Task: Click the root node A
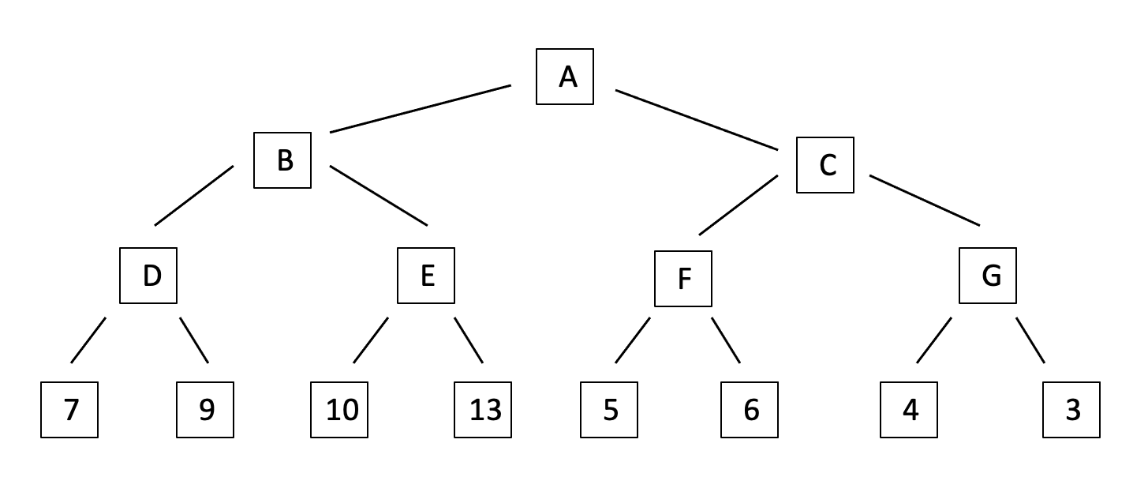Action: (x=565, y=77)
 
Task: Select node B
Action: (x=282, y=160)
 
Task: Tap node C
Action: (x=825, y=165)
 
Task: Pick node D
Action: (x=148, y=276)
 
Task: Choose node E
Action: (x=426, y=276)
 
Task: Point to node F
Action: (x=683, y=279)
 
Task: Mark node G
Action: (x=988, y=276)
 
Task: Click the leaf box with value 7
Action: (x=69, y=410)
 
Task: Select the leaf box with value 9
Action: (x=205, y=410)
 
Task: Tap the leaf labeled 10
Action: (x=339, y=410)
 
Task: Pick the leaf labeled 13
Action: (x=483, y=410)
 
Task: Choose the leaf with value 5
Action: (x=609, y=410)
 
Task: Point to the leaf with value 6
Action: (x=750, y=410)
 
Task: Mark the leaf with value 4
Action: (x=909, y=410)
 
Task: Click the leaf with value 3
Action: (x=1071, y=410)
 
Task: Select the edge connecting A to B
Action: (x=420, y=109)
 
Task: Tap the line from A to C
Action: (x=697, y=119)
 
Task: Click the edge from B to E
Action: (x=379, y=196)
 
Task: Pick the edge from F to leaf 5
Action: (x=633, y=340)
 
